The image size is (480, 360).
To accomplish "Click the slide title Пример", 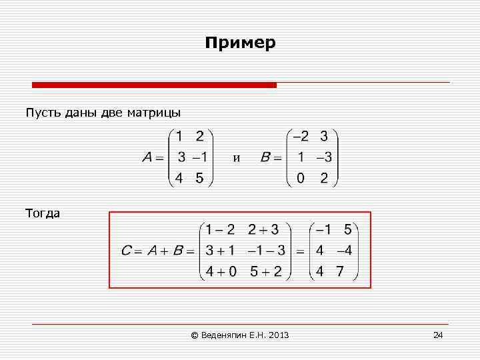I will pyautogui.click(x=240, y=43).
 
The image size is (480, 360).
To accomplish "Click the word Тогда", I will pyautogui.click(x=43, y=213).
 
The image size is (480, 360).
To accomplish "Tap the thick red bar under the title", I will pyautogui.click(x=154, y=85).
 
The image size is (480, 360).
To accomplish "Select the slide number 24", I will pyautogui.click(x=438, y=335).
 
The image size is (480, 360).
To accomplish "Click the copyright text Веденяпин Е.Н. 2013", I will pyautogui.click(x=240, y=335).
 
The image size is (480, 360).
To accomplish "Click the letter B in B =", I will pyautogui.click(x=265, y=158).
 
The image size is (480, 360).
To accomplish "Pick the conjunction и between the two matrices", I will pyautogui.click(x=236, y=158).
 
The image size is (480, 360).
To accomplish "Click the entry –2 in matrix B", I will pyautogui.click(x=301, y=137).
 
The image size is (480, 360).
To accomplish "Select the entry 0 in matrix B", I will pyautogui.click(x=301, y=178).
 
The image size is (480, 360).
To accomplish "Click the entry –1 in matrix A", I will pyautogui.click(x=199, y=157).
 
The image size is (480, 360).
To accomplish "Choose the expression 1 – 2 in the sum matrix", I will pyautogui.click(x=220, y=230).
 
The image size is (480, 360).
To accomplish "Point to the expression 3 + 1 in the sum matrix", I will pyautogui.click(x=220, y=251).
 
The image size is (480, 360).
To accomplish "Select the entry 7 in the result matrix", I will pyautogui.click(x=340, y=271).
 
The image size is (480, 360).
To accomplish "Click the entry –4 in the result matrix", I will pyautogui.click(x=343, y=251).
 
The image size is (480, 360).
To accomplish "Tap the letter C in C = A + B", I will pyautogui.click(x=126, y=251).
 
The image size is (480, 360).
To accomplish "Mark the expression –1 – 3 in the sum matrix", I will pyautogui.click(x=266, y=251).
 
